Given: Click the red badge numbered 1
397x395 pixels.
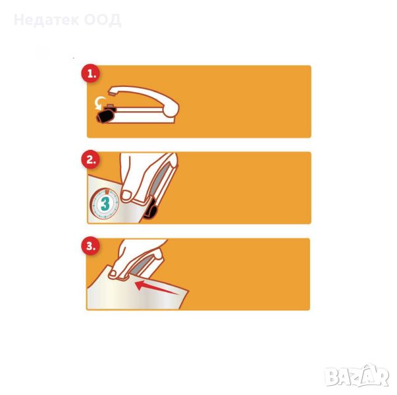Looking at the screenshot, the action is (x=90, y=74).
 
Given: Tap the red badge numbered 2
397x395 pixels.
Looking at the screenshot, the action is (x=90, y=160).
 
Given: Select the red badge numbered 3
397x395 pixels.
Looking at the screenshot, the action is (x=90, y=246).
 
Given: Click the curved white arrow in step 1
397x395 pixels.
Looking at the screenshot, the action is (x=99, y=103).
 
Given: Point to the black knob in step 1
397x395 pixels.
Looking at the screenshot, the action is (x=105, y=116).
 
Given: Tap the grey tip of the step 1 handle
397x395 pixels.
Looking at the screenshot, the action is (x=111, y=93).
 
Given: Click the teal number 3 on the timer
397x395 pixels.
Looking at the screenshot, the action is (x=105, y=203).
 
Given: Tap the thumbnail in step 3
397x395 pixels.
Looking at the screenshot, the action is (x=113, y=273).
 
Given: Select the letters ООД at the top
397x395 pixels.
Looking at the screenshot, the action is (x=103, y=20).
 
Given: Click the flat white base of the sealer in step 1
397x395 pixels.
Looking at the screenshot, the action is (x=142, y=117).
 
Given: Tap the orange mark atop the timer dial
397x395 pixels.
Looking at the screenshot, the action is (x=107, y=191).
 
